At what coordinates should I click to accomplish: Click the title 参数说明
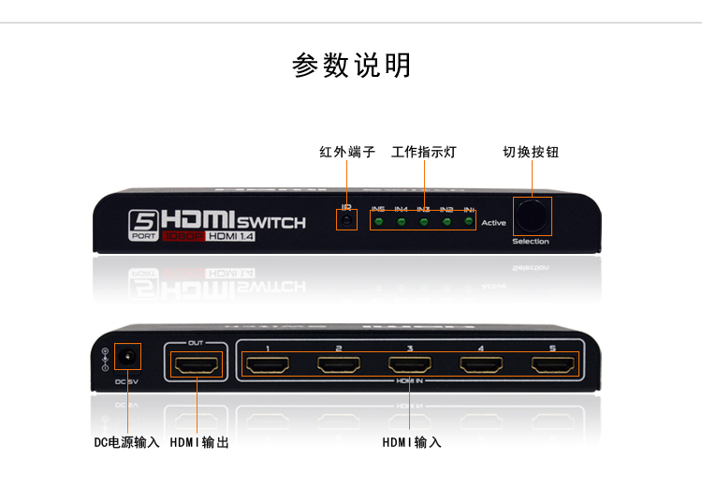pos(351,67)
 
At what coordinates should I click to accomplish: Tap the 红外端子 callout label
pos(347,152)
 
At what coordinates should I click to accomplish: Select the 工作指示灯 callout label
pos(423,152)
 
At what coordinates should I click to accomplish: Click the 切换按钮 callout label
pos(531,152)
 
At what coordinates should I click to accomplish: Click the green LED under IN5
pos(378,222)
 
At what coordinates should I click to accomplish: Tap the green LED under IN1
pos(469,222)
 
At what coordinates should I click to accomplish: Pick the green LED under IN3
pos(424,222)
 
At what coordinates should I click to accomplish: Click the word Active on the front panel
pos(493,223)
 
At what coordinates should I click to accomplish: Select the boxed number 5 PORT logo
pos(144,225)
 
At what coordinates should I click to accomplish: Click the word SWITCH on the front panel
pos(271,222)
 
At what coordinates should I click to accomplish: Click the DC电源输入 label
pos(126,442)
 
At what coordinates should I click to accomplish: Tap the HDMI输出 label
pos(199,442)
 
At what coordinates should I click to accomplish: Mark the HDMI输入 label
pos(412,442)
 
